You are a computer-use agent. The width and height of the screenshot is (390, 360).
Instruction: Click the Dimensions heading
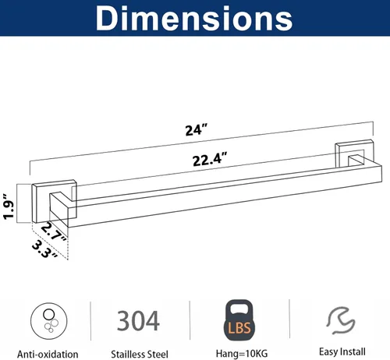194,18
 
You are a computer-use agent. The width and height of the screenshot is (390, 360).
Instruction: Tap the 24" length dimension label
197,130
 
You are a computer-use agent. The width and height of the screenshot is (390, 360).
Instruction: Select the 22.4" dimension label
210,159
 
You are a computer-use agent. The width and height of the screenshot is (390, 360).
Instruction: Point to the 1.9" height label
9,206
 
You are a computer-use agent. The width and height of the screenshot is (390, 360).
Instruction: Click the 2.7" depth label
54,231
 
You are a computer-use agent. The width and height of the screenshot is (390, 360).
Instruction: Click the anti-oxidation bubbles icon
49,321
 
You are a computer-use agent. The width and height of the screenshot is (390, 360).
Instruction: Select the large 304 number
138,321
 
